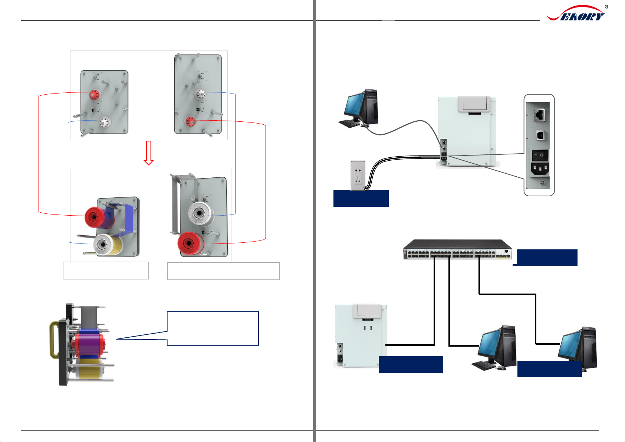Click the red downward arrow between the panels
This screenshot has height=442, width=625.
pyautogui.click(x=148, y=153)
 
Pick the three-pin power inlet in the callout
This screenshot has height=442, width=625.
pyautogui.click(x=540, y=170)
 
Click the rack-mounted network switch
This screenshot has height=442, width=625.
pyautogui.click(x=458, y=250)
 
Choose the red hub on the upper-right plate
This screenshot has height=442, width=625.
pyautogui.click(x=191, y=121)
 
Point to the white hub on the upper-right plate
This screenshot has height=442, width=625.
pyautogui.click(x=200, y=94)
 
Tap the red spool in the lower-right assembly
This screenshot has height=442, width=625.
pyautogui.click(x=189, y=243)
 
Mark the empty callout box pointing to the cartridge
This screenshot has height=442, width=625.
pyautogui.click(x=213, y=328)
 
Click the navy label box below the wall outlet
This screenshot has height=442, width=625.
pyautogui.click(x=361, y=198)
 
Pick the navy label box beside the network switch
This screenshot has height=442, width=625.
pyautogui.click(x=547, y=258)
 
